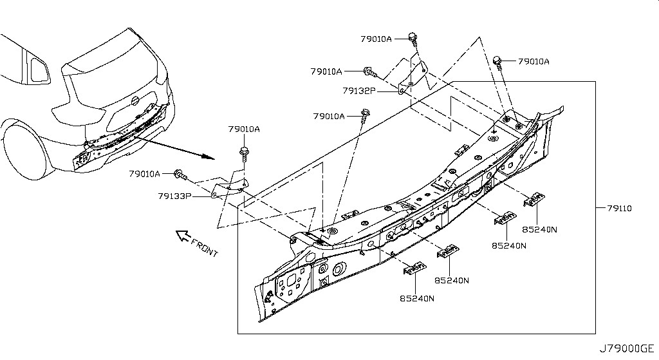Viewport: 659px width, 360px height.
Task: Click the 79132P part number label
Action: pos(359,90)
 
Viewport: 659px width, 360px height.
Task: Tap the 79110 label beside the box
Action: pos(619,208)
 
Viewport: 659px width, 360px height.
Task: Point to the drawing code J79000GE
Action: pos(627,348)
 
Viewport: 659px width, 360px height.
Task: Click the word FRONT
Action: pos(205,248)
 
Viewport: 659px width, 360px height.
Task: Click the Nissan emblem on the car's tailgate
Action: pos(135,101)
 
